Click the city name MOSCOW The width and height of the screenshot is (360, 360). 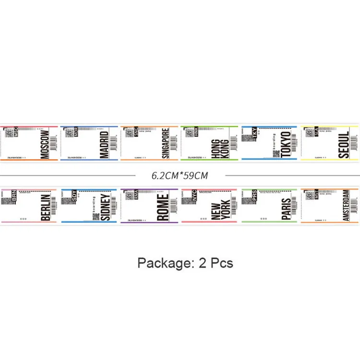click(x=47, y=143)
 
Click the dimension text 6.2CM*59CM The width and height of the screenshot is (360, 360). click(x=180, y=175)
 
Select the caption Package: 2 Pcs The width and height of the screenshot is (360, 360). click(x=185, y=263)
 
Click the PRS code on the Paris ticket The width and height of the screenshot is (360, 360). click(x=254, y=194)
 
